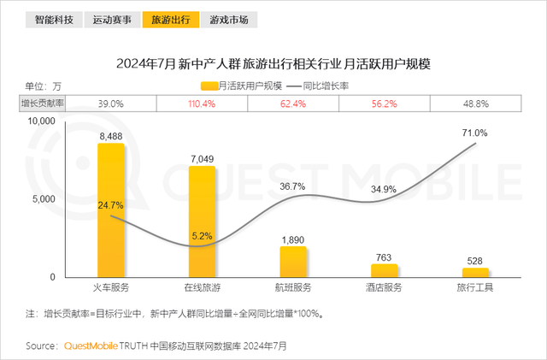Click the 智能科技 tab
pyautogui.click(x=54, y=19)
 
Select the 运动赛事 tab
pyautogui.click(x=112, y=19)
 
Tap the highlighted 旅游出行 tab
pyautogui.click(x=170, y=19)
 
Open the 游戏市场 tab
pyautogui.click(x=228, y=19)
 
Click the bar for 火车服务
pyautogui.click(x=110, y=210)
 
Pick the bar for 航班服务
pyautogui.click(x=293, y=261)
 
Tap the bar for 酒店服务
pyautogui.click(x=385, y=270)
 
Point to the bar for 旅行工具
pyautogui.click(x=475, y=272)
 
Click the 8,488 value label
pyautogui.click(x=111, y=136)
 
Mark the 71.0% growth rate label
pyautogui.click(x=474, y=133)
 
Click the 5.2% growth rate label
pyautogui.click(x=202, y=236)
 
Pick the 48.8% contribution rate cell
pyautogui.click(x=475, y=103)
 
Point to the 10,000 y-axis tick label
pyautogui.click(x=41, y=122)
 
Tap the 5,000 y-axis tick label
pyautogui.click(x=44, y=199)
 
